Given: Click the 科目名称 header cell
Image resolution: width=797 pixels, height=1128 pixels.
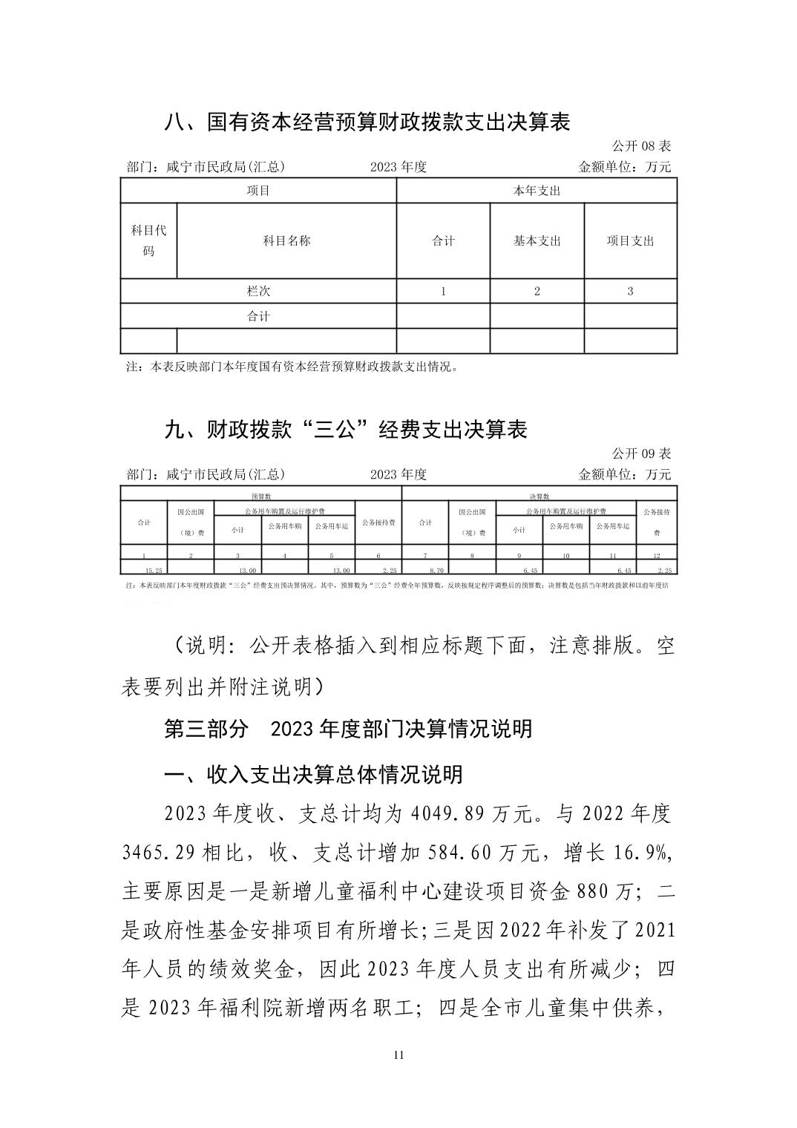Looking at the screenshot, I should pyautogui.click(x=286, y=240).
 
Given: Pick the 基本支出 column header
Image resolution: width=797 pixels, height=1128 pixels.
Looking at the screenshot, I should pyautogui.click(x=537, y=240).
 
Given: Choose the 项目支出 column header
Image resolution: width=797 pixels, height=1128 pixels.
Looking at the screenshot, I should pyautogui.click(x=630, y=240).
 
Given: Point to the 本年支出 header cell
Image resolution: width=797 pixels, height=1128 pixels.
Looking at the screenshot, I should pyautogui.click(x=537, y=191).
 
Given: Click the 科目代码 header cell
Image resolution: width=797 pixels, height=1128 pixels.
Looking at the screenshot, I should pyautogui.click(x=148, y=240).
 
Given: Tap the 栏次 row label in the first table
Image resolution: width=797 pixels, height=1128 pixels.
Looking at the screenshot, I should pyautogui.click(x=258, y=291).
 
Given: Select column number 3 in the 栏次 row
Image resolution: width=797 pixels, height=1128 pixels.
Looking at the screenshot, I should pyautogui.click(x=630, y=291).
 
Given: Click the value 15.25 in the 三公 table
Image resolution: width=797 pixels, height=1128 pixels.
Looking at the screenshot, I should pyautogui.click(x=154, y=570).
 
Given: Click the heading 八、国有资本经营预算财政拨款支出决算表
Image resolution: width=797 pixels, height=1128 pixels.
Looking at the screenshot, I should pyautogui.click(x=367, y=122).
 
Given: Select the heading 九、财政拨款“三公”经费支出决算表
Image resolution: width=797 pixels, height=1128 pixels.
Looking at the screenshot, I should pyautogui.click(x=345, y=429).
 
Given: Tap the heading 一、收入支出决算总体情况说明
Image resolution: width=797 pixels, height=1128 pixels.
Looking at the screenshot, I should pyautogui.click(x=313, y=774).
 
